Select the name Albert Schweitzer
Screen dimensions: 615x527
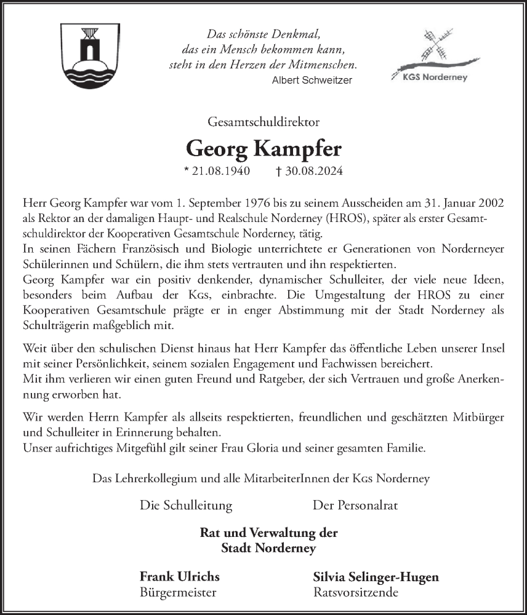tap(312, 80)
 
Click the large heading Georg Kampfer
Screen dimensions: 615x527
tap(263, 149)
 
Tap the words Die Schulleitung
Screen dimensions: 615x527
tap(186, 506)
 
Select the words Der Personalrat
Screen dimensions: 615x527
tap(355, 506)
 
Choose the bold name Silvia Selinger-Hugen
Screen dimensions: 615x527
tap(376, 577)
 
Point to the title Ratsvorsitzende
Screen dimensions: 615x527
tap(355, 593)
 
